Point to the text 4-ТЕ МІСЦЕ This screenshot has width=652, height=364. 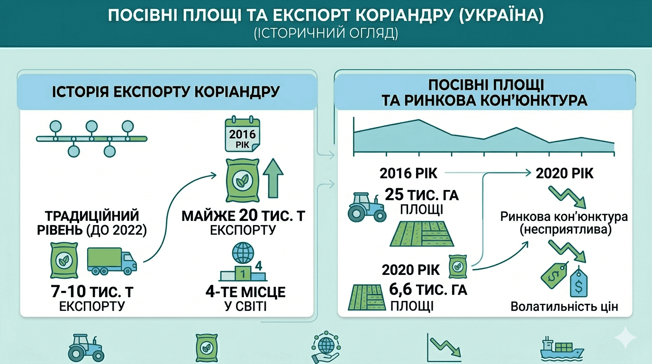coord(245,291)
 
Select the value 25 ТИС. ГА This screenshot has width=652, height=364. coord(422,194)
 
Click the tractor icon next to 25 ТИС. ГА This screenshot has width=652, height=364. coord(365,207)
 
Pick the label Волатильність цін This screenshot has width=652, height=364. coord(564,306)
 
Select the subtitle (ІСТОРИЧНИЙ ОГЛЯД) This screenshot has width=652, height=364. coord(326,34)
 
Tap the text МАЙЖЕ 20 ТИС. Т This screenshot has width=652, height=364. coord(244,216)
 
